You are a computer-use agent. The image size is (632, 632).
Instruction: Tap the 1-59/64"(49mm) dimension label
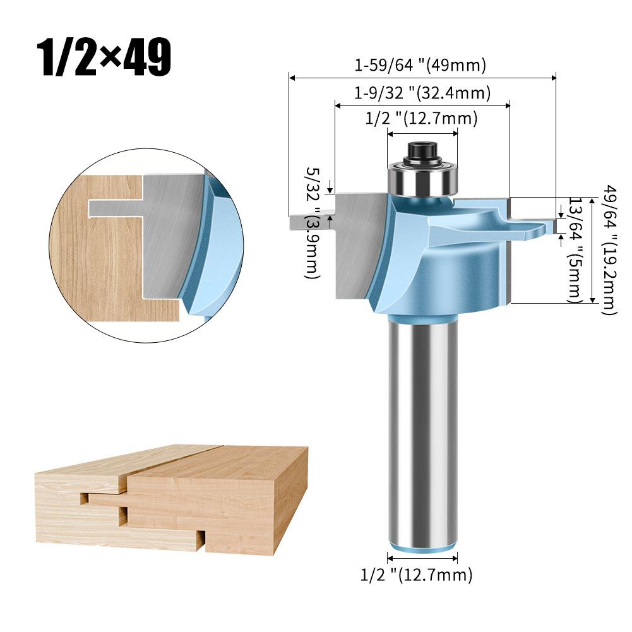tap(420, 65)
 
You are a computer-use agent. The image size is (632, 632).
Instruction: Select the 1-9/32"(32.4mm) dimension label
tap(422, 93)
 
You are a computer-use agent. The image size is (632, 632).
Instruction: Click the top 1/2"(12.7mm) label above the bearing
tap(422, 118)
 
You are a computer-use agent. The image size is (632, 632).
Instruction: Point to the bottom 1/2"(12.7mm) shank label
tap(417, 574)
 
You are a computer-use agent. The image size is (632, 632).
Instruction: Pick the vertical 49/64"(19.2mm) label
tap(609, 249)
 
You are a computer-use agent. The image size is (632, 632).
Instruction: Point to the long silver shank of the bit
tap(422, 429)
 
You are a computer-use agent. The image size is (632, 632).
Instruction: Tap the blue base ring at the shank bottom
tap(422, 544)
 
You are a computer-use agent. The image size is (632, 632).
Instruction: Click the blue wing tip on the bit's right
tap(537, 226)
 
